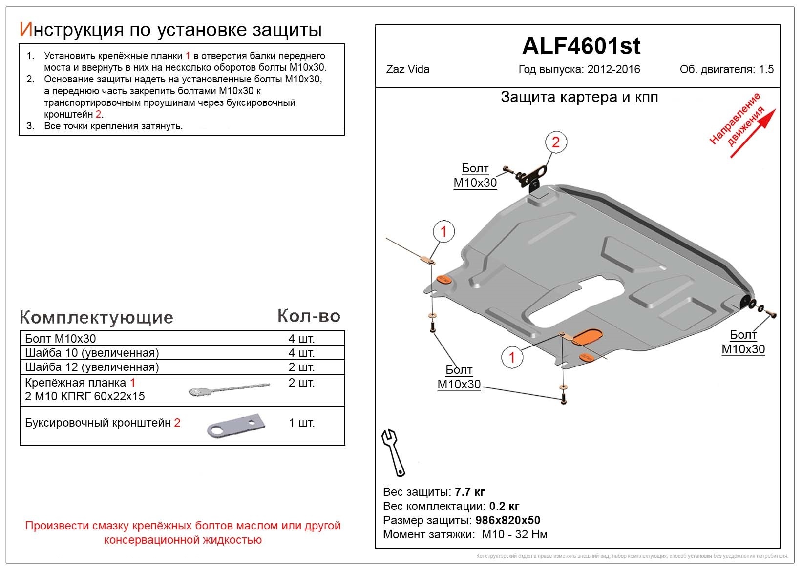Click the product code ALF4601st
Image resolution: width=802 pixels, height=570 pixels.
tap(581, 46)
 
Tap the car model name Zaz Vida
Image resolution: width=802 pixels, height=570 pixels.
tap(408, 69)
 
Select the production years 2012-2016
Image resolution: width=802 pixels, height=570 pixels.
tap(613, 69)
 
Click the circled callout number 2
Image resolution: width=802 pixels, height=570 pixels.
tap(555, 142)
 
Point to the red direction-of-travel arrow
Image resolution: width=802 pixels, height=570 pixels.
tap(753, 133)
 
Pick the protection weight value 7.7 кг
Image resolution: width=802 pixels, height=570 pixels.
tap(470, 491)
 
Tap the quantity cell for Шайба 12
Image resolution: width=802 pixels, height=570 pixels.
tap(301, 367)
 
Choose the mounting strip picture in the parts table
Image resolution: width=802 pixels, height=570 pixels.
tap(229, 389)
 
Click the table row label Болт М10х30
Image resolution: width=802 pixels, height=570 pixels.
tap(61, 339)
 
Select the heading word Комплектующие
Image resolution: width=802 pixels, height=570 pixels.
tap(96, 317)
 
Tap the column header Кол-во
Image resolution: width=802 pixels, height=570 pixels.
tap(309, 316)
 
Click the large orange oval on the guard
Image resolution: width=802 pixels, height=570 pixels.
tap(588, 337)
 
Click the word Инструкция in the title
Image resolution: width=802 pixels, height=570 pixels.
tap(71, 30)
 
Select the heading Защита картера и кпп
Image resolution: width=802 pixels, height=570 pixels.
tap(579, 97)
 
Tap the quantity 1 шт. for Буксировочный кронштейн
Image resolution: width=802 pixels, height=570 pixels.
tap(301, 423)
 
